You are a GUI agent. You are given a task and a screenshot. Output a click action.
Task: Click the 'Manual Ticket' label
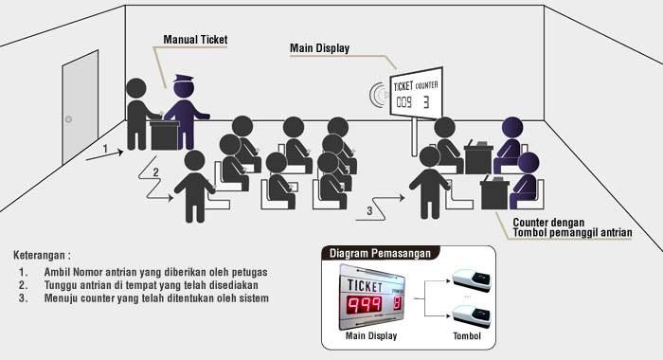(x=195, y=40)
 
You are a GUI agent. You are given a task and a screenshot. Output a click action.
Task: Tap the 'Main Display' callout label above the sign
(x=320, y=48)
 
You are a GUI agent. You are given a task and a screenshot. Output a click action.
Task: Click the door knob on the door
(x=68, y=119)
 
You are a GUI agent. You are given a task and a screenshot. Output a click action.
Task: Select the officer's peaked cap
(x=183, y=79)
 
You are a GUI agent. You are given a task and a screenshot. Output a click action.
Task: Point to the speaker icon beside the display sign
(x=378, y=95)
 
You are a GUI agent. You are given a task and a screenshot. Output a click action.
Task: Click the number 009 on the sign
(x=403, y=102)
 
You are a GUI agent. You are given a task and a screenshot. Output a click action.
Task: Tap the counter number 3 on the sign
(x=426, y=102)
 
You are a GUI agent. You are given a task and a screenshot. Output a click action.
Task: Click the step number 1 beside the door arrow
(x=105, y=149)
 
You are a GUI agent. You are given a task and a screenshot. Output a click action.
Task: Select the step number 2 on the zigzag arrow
(x=155, y=172)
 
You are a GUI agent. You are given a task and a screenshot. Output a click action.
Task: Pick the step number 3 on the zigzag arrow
(x=369, y=210)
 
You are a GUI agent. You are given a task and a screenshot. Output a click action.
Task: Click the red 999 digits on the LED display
(x=365, y=305)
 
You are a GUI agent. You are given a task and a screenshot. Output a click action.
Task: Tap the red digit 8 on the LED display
(x=397, y=303)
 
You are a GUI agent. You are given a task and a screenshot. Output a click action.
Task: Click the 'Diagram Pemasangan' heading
(x=380, y=253)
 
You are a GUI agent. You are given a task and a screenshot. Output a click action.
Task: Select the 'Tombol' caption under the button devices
(x=467, y=336)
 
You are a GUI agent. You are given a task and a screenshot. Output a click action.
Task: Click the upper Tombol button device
(x=472, y=280)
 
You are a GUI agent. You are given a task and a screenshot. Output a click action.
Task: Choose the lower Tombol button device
(x=472, y=316)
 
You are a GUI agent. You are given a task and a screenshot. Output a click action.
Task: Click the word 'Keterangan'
(x=40, y=256)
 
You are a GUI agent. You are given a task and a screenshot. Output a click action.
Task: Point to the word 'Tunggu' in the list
(x=61, y=285)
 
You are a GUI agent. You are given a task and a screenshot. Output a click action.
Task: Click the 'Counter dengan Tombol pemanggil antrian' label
(x=572, y=227)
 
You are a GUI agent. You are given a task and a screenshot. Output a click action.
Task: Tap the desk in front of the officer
(x=165, y=135)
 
